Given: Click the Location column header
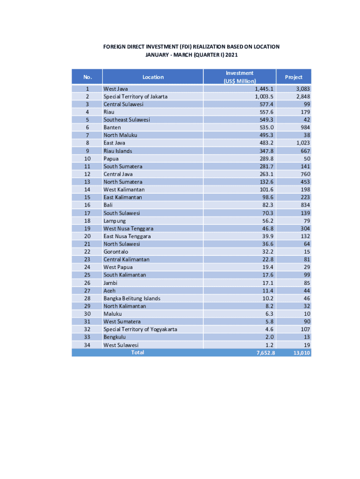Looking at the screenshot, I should tap(153, 77).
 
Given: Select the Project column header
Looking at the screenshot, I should tap(294, 77).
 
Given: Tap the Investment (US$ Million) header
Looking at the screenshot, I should tap(239, 77).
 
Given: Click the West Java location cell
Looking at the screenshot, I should tap(116, 89).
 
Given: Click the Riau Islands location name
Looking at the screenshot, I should tap(118, 151).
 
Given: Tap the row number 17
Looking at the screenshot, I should tap(87, 213).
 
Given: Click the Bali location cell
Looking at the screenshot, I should tap(108, 205).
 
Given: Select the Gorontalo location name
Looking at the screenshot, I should tap(116, 252).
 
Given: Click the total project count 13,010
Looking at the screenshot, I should tap(302, 353).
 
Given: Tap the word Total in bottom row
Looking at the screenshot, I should tap(137, 352).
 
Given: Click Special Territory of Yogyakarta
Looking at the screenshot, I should tap(140, 329).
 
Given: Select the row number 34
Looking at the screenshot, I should tap(87, 345).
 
